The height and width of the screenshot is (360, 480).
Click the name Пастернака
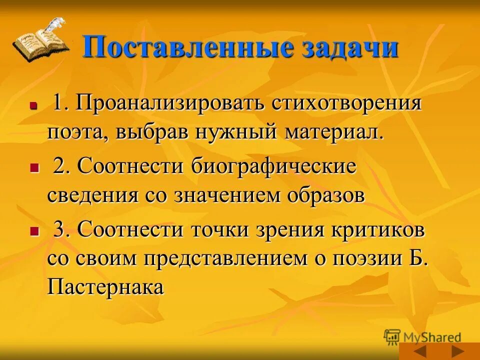pos(105,287)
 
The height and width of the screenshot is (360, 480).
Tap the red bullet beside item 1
pos(34,106)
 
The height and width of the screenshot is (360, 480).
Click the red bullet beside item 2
pos(34,168)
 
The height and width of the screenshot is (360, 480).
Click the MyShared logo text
pos(430,337)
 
